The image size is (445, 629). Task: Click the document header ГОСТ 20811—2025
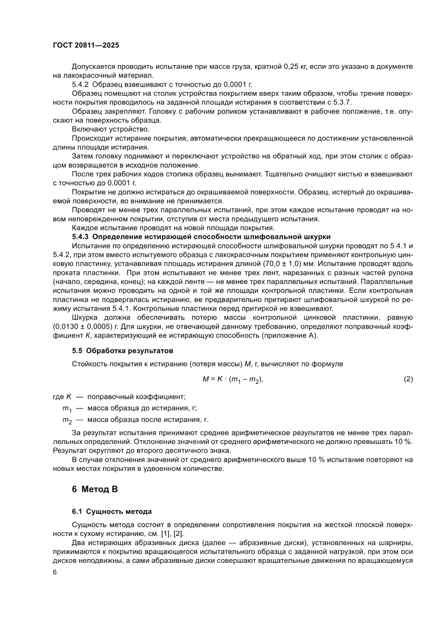pos(89,46)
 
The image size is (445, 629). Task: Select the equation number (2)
pos(408,379)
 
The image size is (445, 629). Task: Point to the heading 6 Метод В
pos(87,489)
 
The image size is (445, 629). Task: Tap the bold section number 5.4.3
pos(83,237)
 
